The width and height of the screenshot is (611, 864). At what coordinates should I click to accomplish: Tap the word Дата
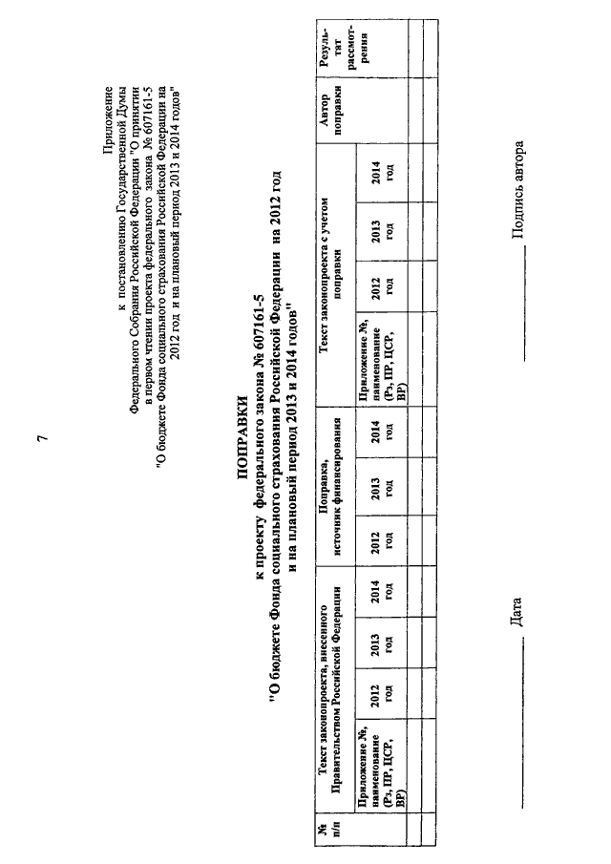(x=516, y=612)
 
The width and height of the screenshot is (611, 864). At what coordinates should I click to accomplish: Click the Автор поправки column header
(x=330, y=113)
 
